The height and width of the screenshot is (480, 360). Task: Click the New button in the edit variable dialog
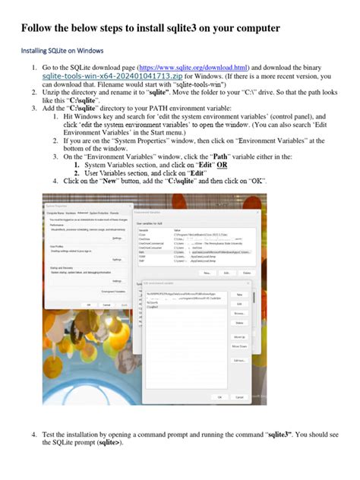click(239, 294)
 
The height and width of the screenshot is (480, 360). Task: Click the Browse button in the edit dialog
click(239, 312)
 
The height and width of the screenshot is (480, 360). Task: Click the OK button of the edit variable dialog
click(220, 396)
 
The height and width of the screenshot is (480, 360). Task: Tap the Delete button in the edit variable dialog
click(239, 321)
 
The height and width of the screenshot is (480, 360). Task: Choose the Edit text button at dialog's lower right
click(239, 361)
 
